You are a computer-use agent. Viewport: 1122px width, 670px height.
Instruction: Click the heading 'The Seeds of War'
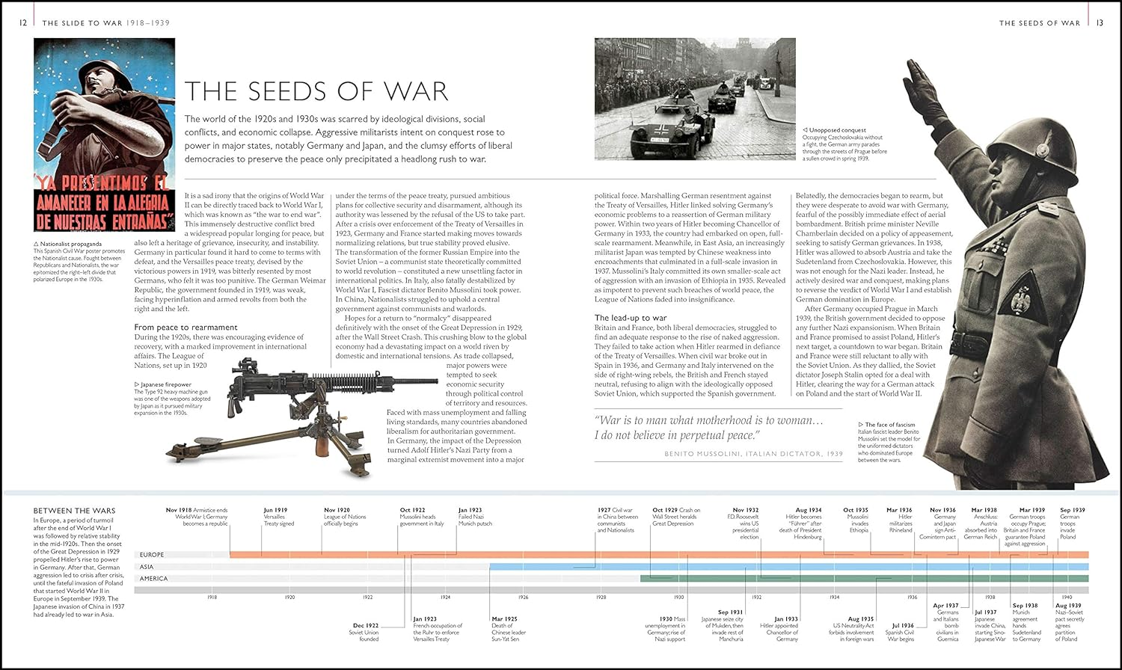click(316, 91)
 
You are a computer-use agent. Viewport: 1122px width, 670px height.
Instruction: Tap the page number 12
click(23, 22)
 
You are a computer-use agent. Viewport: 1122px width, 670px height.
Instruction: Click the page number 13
click(1099, 22)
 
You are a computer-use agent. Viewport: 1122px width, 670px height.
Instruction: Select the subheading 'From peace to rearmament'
click(186, 327)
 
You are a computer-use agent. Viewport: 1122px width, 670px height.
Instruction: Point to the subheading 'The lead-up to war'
click(630, 318)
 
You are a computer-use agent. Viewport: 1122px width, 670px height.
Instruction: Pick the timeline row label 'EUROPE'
click(151, 555)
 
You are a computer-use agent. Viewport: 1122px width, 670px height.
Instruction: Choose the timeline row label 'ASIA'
click(147, 567)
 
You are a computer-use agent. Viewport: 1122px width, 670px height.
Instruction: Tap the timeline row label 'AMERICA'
click(154, 579)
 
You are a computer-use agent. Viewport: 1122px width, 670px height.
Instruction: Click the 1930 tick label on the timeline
click(678, 597)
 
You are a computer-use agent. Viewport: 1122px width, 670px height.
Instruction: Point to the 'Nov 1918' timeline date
click(179, 510)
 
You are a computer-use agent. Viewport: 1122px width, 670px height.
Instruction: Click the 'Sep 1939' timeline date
click(1072, 510)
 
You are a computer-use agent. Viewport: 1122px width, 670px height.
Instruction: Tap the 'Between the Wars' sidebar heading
click(74, 511)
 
